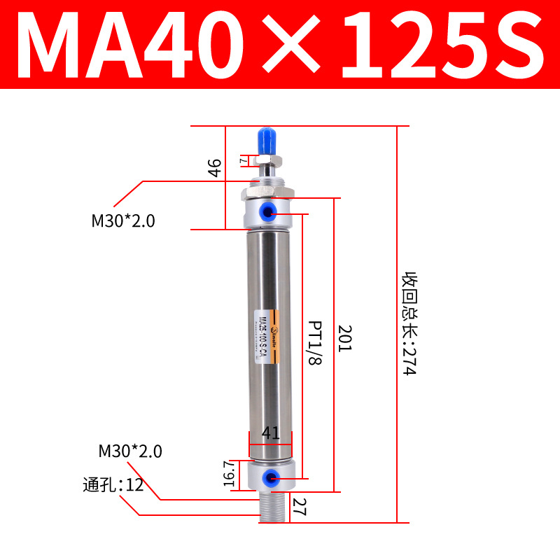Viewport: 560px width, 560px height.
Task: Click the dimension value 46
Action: (x=215, y=168)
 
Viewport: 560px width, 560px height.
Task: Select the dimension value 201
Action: (x=344, y=339)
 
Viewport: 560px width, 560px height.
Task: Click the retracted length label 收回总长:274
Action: (x=408, y=323)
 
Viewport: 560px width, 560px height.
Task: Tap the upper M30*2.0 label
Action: (x=122, y=221)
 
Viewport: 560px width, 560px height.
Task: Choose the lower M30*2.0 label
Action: (x=129, y=451)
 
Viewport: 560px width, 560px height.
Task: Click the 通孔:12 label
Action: (x=113, y=484)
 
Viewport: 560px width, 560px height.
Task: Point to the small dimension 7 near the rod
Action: (x=243, y=160)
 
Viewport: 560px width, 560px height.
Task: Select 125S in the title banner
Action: (x=441, y=43)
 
